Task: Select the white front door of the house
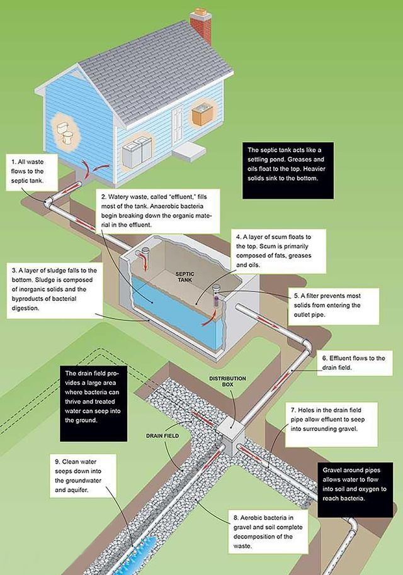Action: pos(178,126)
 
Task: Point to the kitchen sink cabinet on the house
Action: pos(201,114)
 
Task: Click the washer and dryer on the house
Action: pos(137,152)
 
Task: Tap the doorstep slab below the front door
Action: pos(190,152)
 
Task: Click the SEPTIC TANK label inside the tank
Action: pos(184,277)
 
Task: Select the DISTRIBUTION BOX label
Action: pos(227,381)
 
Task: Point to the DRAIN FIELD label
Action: pos(162,435)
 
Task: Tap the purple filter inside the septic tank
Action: pos(217,301)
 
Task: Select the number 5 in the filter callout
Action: pos(296,296)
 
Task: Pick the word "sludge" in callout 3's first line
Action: pos(54,271)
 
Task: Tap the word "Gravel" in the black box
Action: pos(332,470)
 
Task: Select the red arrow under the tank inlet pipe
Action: pos(145,264)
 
